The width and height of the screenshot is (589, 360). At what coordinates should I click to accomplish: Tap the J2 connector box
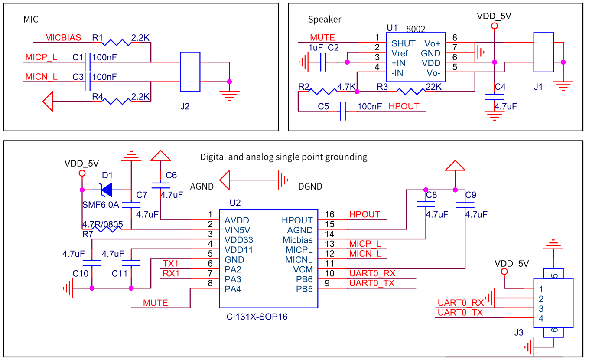click(190, 72)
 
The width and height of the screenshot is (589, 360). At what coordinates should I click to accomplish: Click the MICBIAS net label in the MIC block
click(63, 38)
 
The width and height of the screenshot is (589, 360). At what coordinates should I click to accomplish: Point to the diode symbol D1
click(106, 190)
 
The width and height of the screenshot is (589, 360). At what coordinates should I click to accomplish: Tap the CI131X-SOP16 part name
click(257, 317)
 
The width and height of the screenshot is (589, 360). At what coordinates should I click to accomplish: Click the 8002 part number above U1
click(416, 29)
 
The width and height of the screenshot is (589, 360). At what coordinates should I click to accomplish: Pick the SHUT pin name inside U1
click(403, 43)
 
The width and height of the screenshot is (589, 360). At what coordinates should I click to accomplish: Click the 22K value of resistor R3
click(433, 87)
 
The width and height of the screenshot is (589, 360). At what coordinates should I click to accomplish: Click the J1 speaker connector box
click(543, 52)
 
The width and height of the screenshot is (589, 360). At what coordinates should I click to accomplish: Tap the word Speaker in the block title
click(324, 20)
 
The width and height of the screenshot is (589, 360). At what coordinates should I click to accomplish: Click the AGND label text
click(202, 187)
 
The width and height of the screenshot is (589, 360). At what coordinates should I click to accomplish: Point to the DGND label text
click(310, 187)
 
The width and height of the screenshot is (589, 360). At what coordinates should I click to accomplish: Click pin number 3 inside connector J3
click(541, 309)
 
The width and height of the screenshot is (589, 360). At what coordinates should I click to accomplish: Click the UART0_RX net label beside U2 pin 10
click(372, 273)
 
